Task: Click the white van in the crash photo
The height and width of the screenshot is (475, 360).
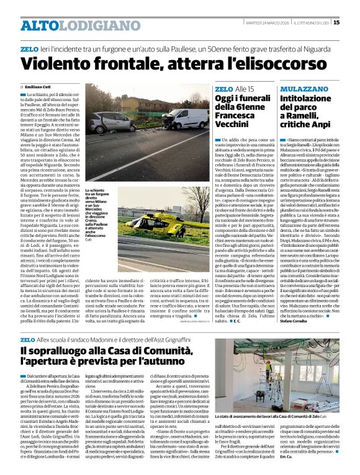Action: tap(186, 118)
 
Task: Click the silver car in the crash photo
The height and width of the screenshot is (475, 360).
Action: tap(115, 123)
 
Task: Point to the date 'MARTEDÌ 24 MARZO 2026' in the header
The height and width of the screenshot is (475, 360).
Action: tap(271, 23)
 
